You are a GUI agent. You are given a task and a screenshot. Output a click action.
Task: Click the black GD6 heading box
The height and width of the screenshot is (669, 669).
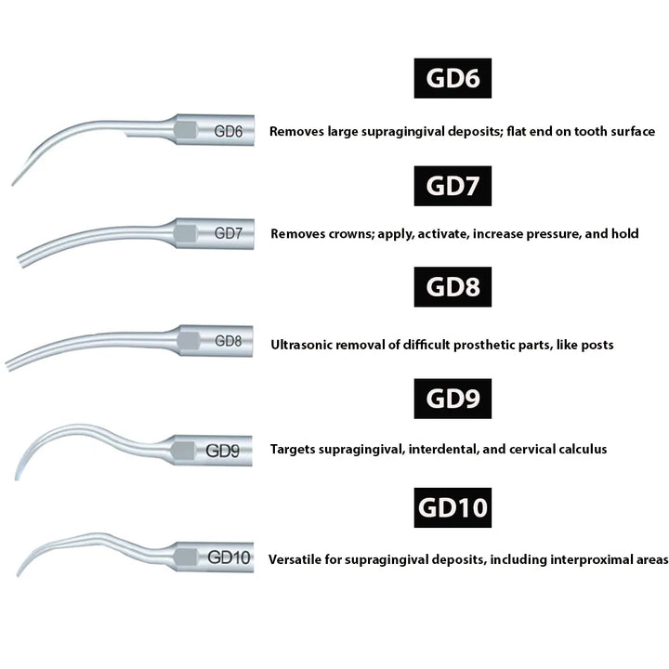click(x=453, y=78)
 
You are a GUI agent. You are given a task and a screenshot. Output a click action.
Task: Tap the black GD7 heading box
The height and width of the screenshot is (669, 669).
click(x=453, y=186)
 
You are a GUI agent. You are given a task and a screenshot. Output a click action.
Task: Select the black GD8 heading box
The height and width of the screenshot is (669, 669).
click(x=453, y=287)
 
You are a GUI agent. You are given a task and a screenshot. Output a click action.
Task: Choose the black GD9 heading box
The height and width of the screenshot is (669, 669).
click(x=453, y=398)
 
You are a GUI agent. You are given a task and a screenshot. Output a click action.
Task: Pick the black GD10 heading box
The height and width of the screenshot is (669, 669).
click(x=453, y=507)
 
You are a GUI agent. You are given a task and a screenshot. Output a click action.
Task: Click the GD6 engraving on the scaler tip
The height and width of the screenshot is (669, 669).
click(x=229, y=131)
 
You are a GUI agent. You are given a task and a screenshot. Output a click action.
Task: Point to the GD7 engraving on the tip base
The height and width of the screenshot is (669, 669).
click(x=229, y=233)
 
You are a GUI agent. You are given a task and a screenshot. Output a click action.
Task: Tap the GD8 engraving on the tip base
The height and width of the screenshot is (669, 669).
click(x=229, y=340)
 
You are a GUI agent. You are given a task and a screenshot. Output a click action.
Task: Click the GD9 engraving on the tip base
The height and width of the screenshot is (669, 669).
click(x=223, y=450)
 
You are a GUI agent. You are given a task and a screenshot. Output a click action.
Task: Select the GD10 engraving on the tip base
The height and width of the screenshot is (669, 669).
click(x=229, y=557)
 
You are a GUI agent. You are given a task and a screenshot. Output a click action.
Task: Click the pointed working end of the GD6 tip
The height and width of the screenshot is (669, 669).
click(x=13, y=184)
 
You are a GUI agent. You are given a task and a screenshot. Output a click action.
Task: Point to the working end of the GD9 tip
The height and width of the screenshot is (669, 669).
click(x=17, y=478)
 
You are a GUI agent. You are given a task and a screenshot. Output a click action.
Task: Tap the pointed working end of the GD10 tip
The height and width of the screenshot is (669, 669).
click(x=18, y=575)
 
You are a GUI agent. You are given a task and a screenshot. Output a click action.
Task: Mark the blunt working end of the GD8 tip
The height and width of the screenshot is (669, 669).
click(x=8, y=366)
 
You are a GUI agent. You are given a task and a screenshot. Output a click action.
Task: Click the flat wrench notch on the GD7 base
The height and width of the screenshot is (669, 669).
click(x=186, y=234)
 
